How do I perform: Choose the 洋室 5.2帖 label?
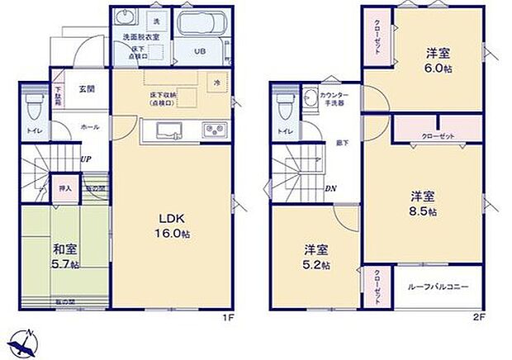point(315,257)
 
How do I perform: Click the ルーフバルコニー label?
point(438,287)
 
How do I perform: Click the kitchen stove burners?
point(215,130)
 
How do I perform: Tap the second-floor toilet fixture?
point(286,105)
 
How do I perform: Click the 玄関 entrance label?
point(87,89)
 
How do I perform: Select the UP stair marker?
point(85,159)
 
